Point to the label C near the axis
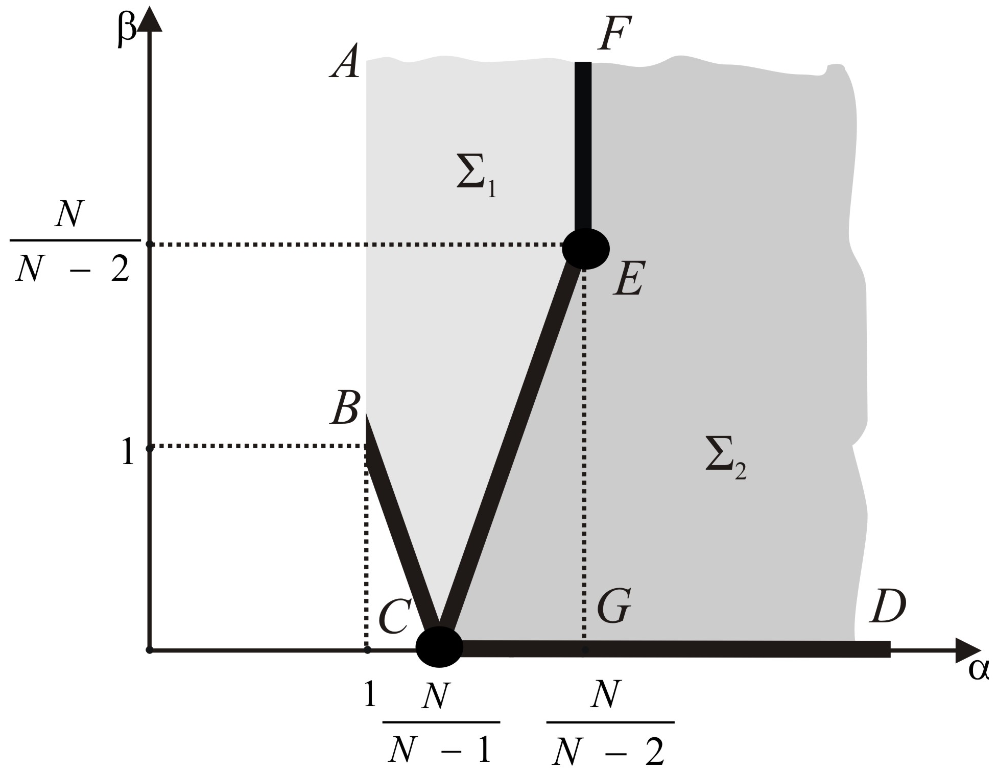395,615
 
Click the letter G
614,607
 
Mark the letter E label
629,279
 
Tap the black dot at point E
586,249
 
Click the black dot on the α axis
439,647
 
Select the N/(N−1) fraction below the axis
440,722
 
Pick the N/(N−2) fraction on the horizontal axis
610,722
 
